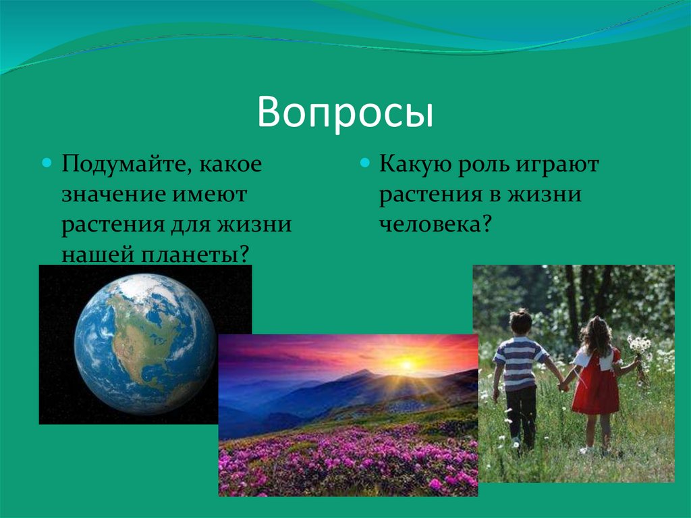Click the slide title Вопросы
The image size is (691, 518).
tap(345, 112)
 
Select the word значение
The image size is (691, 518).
tap(113, 195)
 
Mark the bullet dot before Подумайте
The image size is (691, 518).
tap(47, 164)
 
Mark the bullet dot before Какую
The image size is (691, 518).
tap(364, 164)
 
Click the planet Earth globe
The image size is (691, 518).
tap(144, 343)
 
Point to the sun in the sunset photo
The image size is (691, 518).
tap(406, 365)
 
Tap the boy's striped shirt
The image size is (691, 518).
tap(520, 361)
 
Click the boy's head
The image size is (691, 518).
tap(521, 322)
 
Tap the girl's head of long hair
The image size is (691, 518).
tap(596, 334)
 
